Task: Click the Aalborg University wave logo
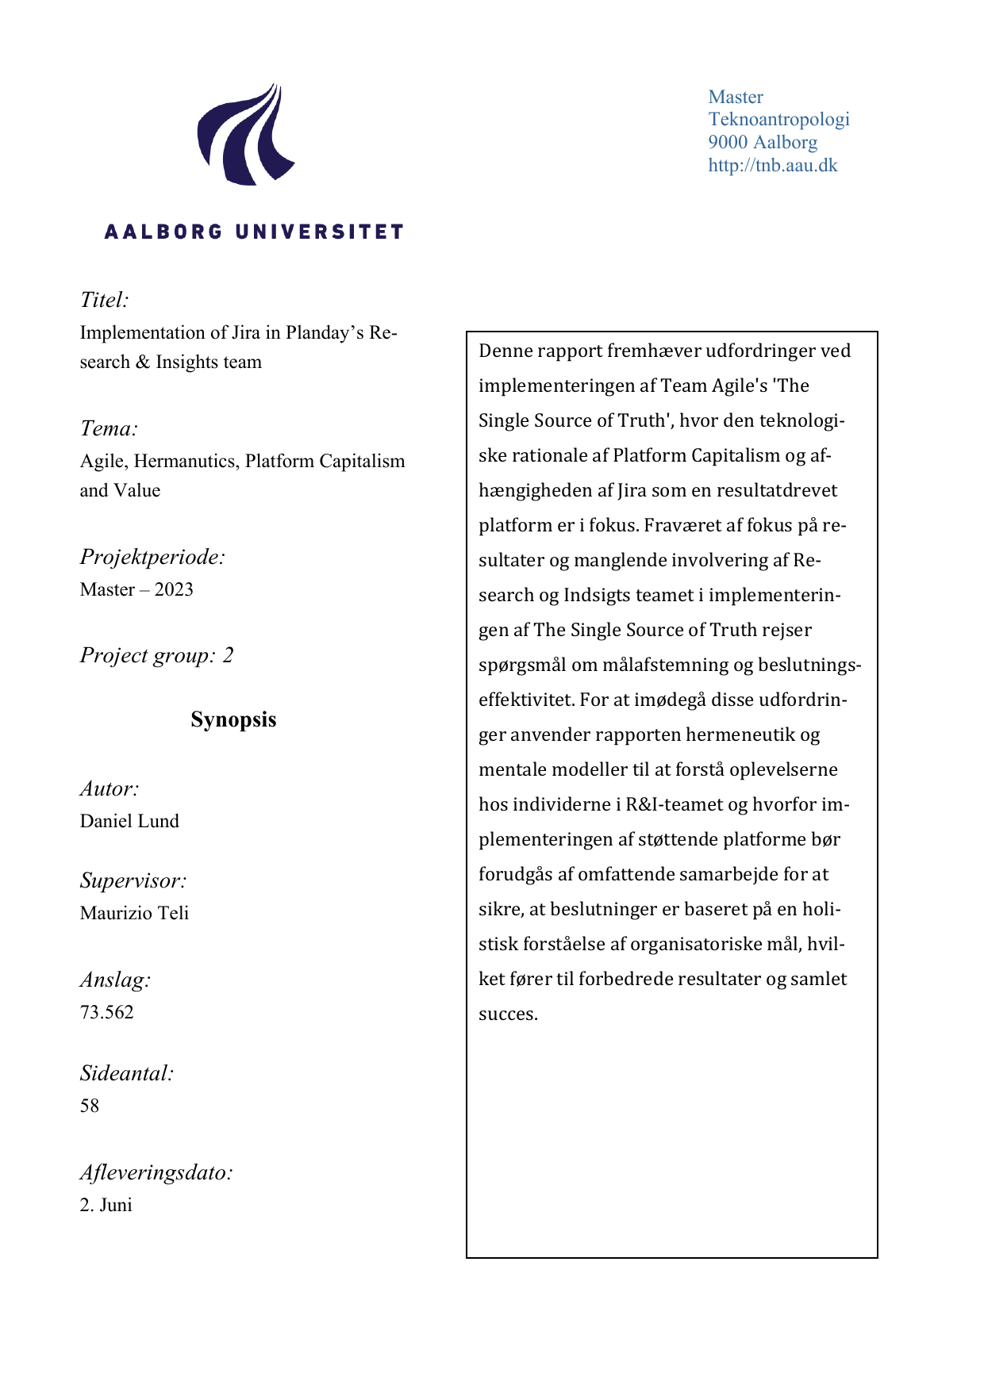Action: click(x=245, y=135)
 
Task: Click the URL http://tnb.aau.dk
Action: click(x=772, y=165)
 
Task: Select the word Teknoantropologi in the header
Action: click(x=778, y=119)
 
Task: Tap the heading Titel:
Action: click(x=104, y=300)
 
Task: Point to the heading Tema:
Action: click(x=109, y=428)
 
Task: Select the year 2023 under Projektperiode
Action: click(x=174, y=589)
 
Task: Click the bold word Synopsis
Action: click(x=233, y=719)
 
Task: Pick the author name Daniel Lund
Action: click(x=129, y=821)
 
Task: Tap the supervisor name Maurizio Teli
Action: click(x=134, y=913)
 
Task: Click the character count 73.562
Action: click(x=106, y=1012)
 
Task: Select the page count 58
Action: click(x=90, y=1106)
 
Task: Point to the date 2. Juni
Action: click(x=106, y=1205)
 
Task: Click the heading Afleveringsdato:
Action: click(x=156, y=1172)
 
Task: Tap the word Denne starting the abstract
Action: click(x=505, y=351)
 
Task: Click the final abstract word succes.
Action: click(x=508, y=1014)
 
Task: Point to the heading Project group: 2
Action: click(x=156, y=655)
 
